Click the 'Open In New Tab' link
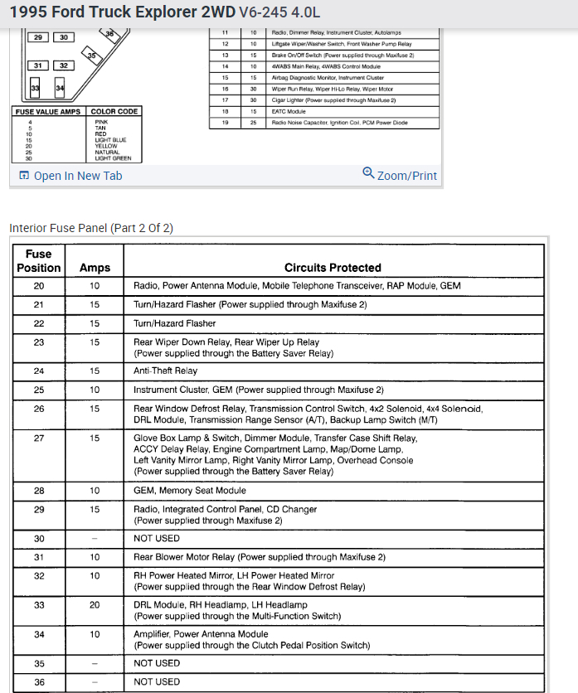[x=77, y=176]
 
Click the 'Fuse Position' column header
[x=39, y=261]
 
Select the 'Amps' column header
[x=95, y=268]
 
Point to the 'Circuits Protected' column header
[x=333, y=268]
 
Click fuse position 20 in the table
[x=39, y=286]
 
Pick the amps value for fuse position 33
[x=95, y=605]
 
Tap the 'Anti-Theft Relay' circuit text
[x=166, y=371]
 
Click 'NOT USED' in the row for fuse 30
[x=157, y=539]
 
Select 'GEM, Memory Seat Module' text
[x=189, y=491]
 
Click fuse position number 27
[x=39, y=439]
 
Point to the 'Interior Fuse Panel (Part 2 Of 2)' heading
[x=91, y=228]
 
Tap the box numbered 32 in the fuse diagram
[x=64, y=65]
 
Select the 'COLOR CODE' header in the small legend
[x=114, y=111]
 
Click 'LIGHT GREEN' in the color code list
[x=114, y=158]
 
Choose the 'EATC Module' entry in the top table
[x=290, y=111]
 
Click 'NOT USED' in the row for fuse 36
[x=157, y=682]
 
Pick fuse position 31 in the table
[x=39, y=557]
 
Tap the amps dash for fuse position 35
[x=95, y=663]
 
